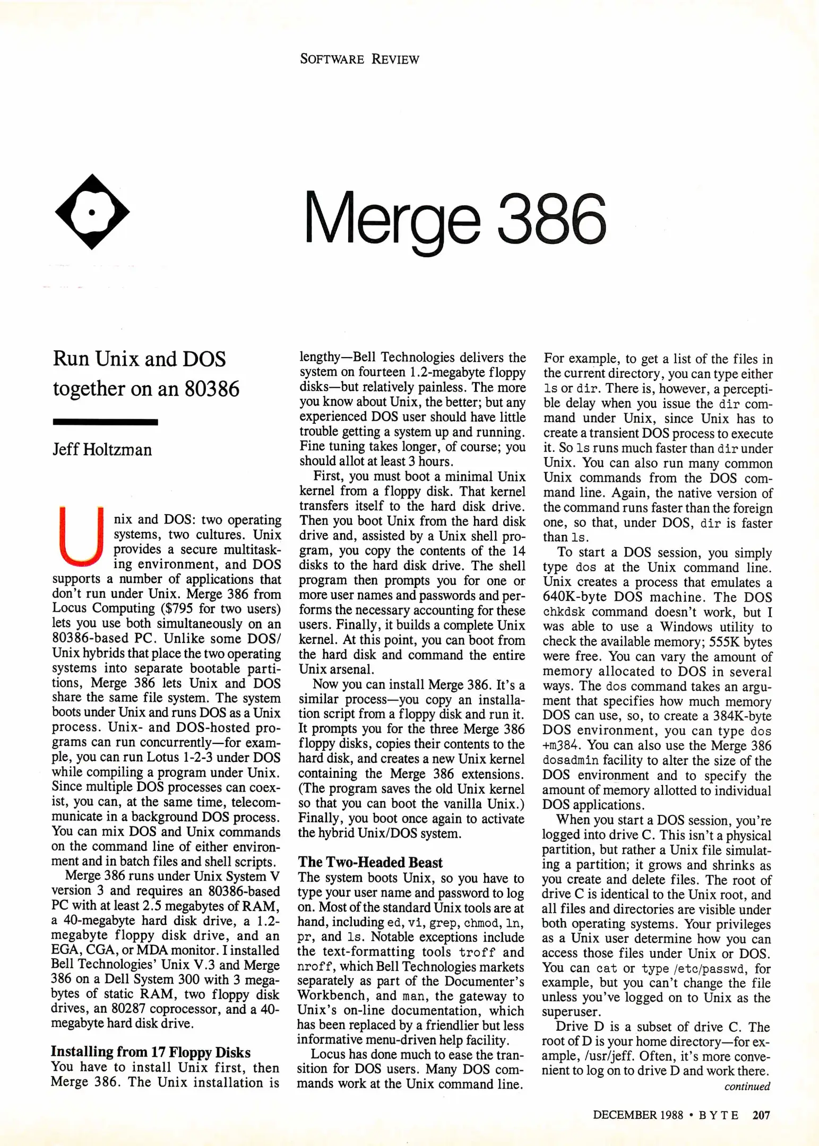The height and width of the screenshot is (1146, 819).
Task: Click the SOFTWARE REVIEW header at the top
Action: [x=359, y=59]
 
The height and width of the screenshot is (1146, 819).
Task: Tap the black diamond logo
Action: [x=92, y=212]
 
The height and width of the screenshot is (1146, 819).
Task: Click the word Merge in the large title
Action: [x=392, y=218]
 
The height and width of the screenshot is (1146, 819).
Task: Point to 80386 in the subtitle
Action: [x=212, y=389]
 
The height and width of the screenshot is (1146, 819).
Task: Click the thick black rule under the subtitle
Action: [x=105, y=422]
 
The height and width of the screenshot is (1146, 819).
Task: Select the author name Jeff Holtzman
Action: [x=102, y=450]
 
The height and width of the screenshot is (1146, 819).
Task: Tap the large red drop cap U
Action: [x=81, y=536]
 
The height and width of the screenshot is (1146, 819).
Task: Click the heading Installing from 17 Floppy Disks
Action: [x=150, y=1052]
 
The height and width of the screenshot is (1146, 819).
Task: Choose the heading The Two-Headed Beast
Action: [x=370, y=862]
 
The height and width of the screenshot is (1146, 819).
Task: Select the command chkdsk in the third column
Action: [x=564, y=612]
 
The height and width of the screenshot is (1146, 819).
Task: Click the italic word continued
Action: [x=747, y=1087]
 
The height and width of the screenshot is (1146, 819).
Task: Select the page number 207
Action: [x=761, y=1115]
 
